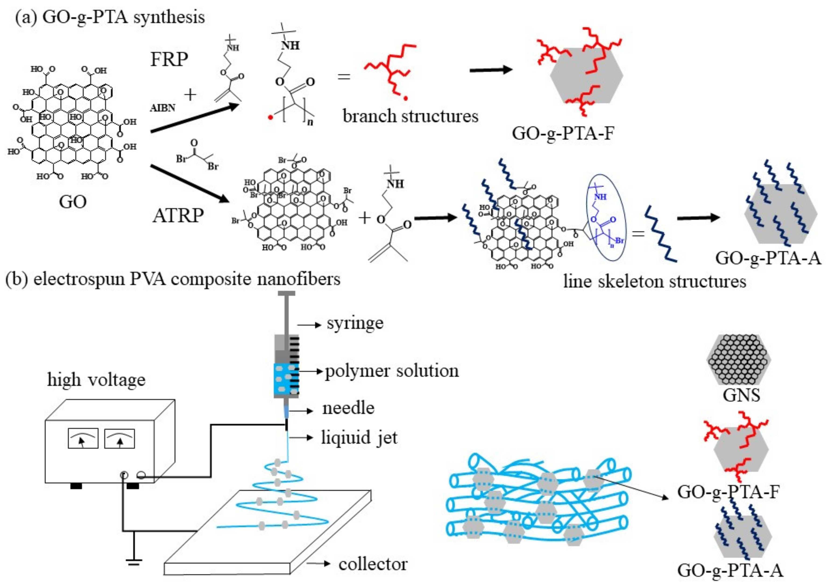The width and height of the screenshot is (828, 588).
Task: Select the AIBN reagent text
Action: (x=163, y=108)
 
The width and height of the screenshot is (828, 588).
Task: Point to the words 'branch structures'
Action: (x=410, y=116)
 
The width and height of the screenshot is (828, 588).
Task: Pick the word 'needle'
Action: (x=348, y=408)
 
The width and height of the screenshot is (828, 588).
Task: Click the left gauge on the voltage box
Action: (x=83, y=438)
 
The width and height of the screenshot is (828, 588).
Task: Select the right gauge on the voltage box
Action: (x=119, y=438)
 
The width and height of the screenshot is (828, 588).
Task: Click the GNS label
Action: (x=741, y=395)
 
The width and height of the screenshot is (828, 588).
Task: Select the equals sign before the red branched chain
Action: (x=344, y=76)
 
